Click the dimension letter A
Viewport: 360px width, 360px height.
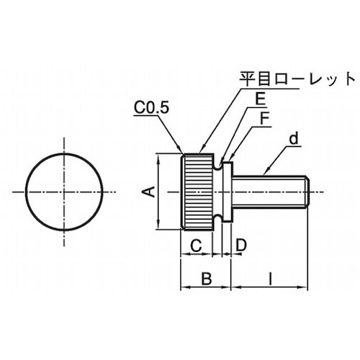click(x=148, y=192)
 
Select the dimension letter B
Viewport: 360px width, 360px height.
click(x=204, y=277)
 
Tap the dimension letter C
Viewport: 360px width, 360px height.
click(x=195, y=245)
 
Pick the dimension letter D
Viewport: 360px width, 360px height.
click(x=240, y=245)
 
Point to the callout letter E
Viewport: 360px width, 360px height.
click(x=248, y=102)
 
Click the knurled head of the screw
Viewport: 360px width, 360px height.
click(x=198, y=192)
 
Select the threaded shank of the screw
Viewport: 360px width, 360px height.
click(x=270, y=192)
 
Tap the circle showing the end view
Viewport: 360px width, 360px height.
click(x=64, y=192)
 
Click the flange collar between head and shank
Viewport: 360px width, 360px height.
click(x=226, y=192)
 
